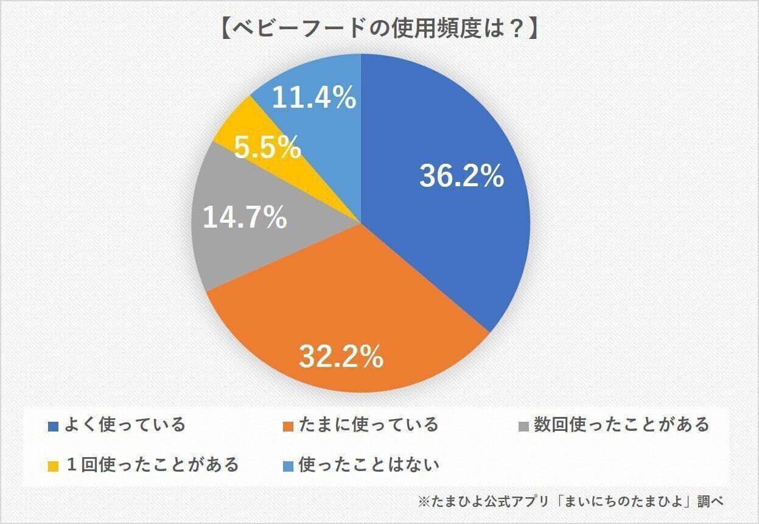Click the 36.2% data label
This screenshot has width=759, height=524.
pos(461,177)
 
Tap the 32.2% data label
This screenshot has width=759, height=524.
pos(341,357)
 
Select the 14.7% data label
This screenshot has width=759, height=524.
pos(245,217)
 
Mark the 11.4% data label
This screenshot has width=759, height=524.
pos(313,97)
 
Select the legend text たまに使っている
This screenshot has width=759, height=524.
pos(368,424)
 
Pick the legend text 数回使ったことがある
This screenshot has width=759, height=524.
pos(621,424)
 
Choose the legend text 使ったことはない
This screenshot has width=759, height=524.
pos(368,465)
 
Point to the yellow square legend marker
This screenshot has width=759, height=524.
pos(53,466)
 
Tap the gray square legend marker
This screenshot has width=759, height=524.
pos(524,425)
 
